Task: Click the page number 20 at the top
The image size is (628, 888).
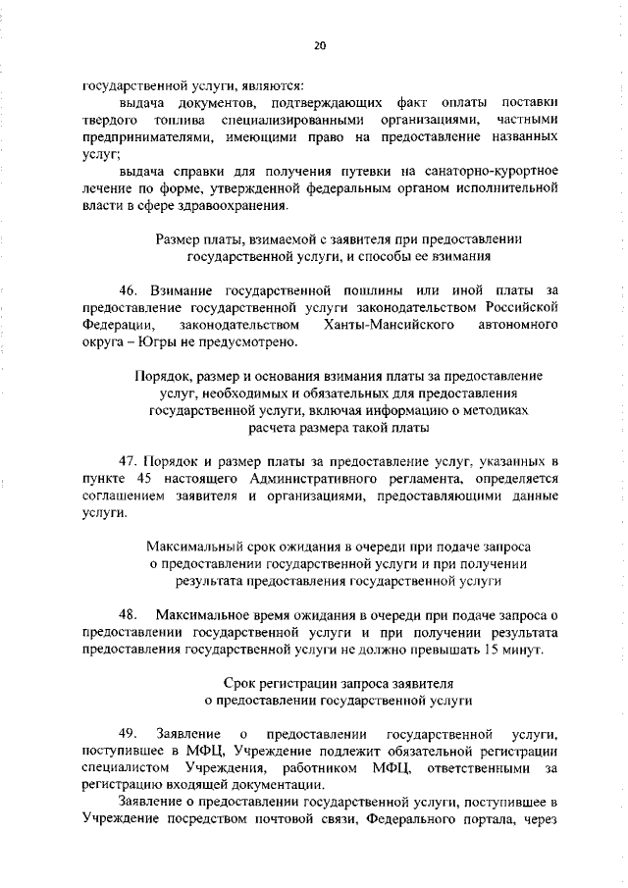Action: coord(320,45)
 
